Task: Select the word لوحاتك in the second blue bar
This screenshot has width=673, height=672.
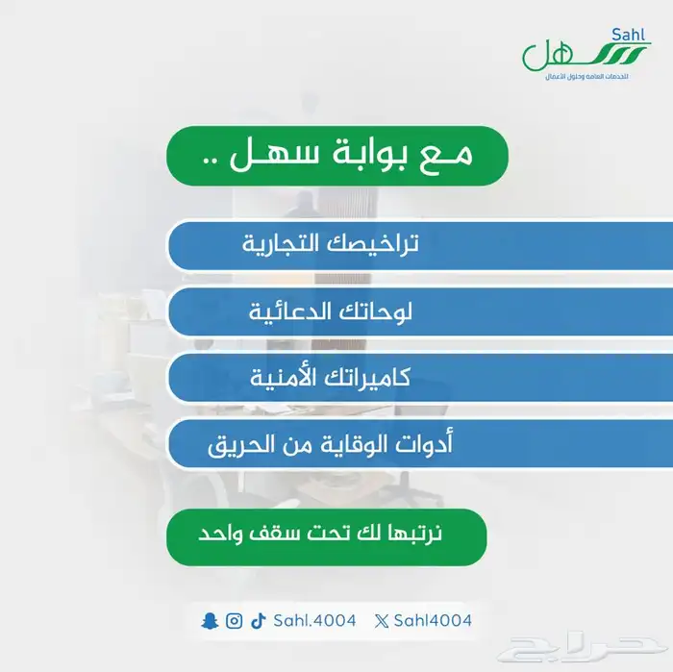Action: [x=376, y=311]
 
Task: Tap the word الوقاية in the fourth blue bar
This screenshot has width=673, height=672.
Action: [x=336, y=445]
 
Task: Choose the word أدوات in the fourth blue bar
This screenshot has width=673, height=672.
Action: [x=422, y=445]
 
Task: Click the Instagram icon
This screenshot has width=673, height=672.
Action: [x=234, y=621]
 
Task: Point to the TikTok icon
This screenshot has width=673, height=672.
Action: [x=258, y=621]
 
